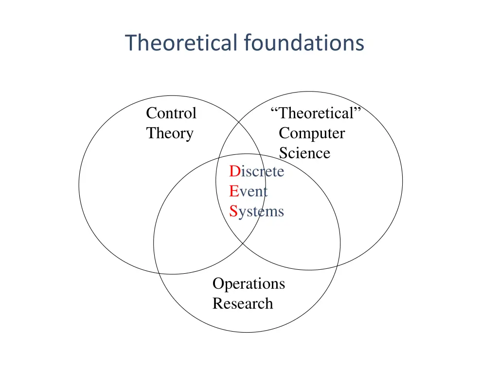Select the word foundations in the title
click(x=304, y=43)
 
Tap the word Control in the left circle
click(x=171, y=113)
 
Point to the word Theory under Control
click(x=170, y=133)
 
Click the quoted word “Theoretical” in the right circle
click(x=317, y=113)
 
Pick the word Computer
click(x=312, y=133)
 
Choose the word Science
click(x=304, y=153)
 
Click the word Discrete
click(x=257, y=171)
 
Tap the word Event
click(x=249, y=191)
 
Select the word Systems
click(x=257, y=211)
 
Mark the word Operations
click(x=249, y=283)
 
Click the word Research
click(x=243, y=303)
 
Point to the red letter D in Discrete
click(x=235, y=171)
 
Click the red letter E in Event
click(x=234, y=191)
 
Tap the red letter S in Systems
click(x=233, y=211)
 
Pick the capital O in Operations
click(x=218, y=283)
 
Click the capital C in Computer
click(x=284, y=133)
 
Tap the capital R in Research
click(x=217, y=303)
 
